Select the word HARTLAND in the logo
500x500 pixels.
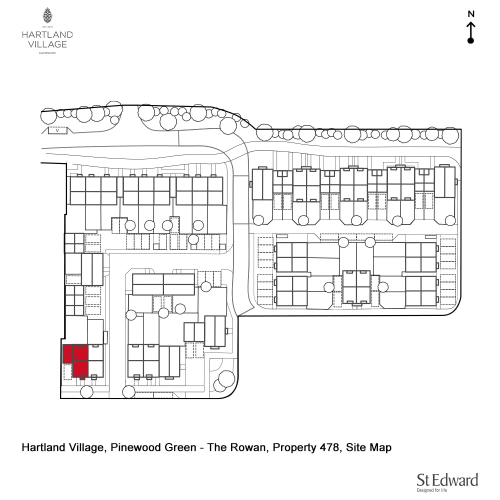tap(47, 34)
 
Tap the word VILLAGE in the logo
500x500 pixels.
tap(47, 44)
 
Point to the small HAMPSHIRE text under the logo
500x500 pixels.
tap(47, 53)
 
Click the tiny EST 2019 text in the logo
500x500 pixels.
tap(47, 26)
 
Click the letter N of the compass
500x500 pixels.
tap(470, 14)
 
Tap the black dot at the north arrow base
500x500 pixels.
tap(470, 40)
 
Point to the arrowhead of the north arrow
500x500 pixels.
tap(470, 24)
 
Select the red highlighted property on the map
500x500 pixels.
tap(75, 360)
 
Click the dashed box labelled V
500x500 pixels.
tap(58, 130)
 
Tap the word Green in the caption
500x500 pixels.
tap(180, 447)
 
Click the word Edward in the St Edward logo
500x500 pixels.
tap(455, 480)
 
